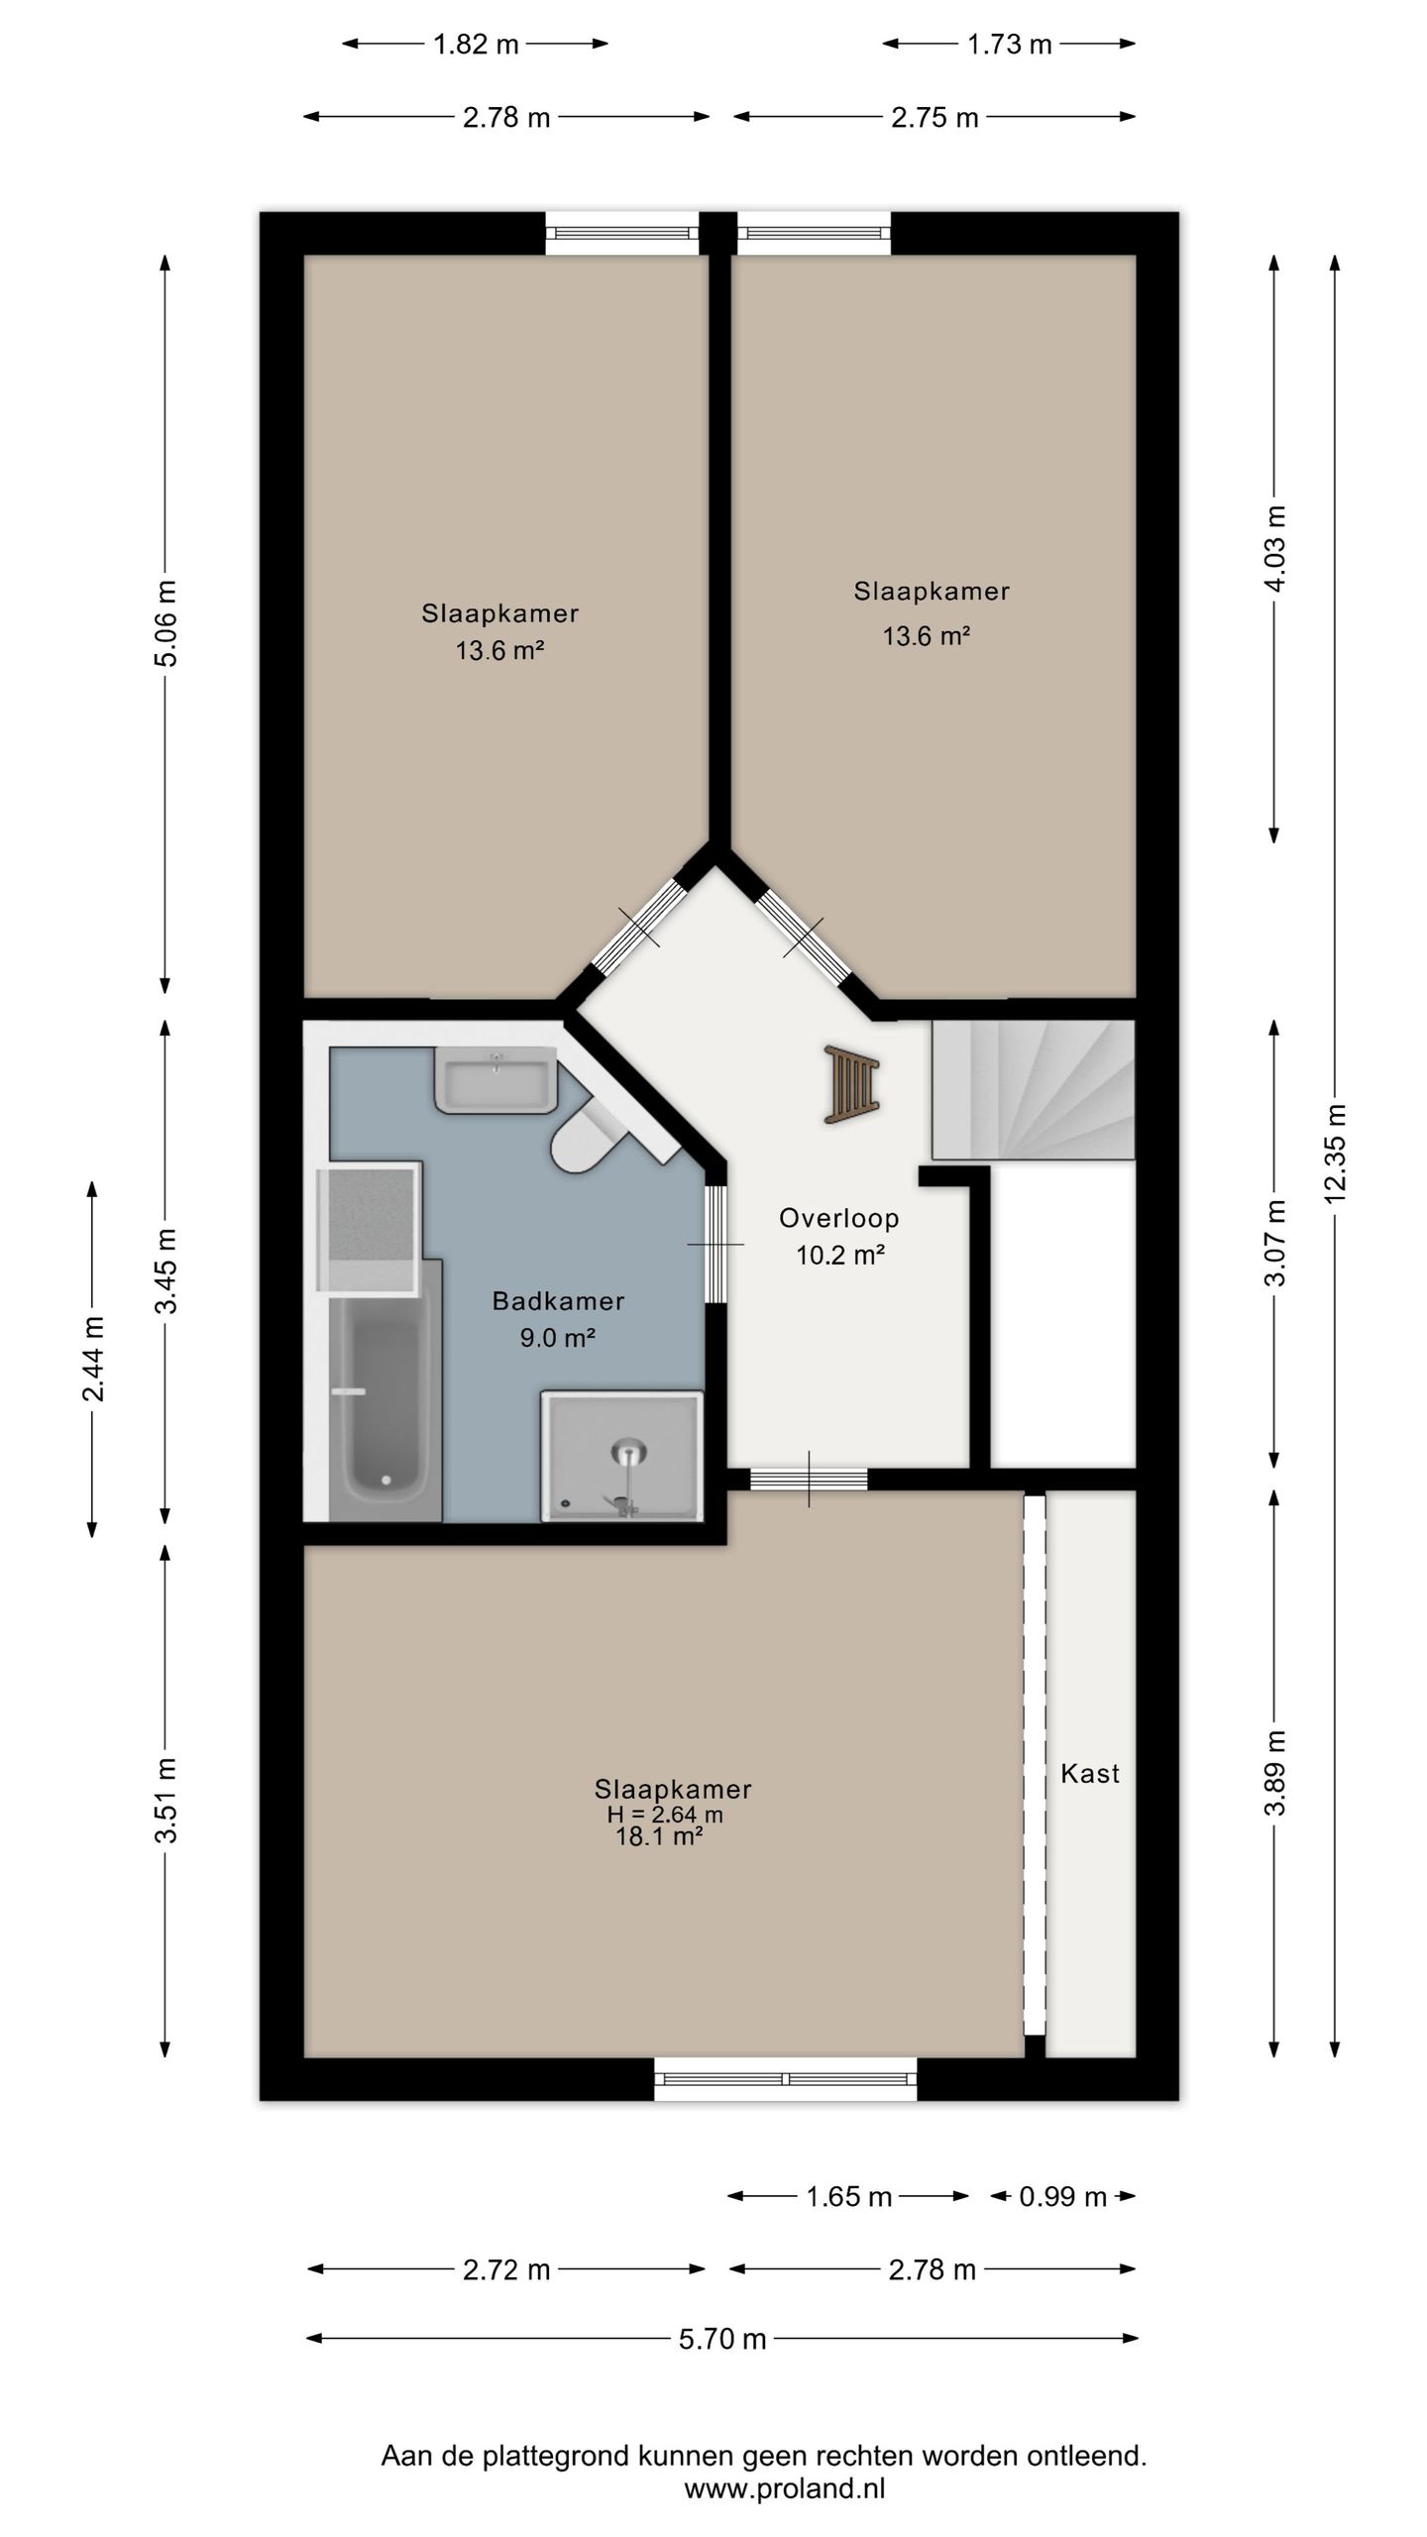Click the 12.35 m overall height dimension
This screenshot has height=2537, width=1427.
[1335, 1153]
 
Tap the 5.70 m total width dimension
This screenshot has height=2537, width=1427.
[722, 2339]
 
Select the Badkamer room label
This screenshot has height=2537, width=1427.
[558, 1300]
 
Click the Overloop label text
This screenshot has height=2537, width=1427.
[838, 1218]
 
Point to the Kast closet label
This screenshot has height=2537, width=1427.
[1090, 1773]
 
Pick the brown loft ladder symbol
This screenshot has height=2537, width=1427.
[851, 1084]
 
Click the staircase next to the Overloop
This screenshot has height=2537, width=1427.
[1033, 1090]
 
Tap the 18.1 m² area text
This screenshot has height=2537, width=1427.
[659, 1836]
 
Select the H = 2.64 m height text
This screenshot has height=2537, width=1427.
[665, 1815]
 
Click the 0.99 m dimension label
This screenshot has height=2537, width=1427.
[1062, 2197]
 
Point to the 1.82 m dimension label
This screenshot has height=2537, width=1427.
[476, 45]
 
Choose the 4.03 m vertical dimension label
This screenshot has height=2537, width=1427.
[1274, 549]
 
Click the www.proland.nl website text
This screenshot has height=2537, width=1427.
[785, 2487]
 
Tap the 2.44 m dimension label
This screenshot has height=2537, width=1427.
[93, 1359]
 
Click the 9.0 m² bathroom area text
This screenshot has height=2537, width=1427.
[558, 1338]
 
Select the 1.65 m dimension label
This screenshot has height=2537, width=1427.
[849, 2197]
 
